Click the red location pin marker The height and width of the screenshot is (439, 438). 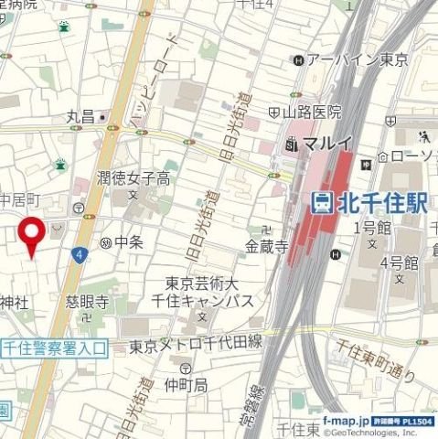[x=34, y=237]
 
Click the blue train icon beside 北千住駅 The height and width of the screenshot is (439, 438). [x=322, y=202]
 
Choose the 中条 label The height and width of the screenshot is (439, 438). [x=130, y=243]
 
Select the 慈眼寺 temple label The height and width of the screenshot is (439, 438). [x=88, y=301]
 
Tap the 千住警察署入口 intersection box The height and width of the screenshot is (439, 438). [x=54, y=348]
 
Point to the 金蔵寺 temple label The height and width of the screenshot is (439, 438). [x=267, y=246]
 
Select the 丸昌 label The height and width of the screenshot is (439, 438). [x=80, y=117]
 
